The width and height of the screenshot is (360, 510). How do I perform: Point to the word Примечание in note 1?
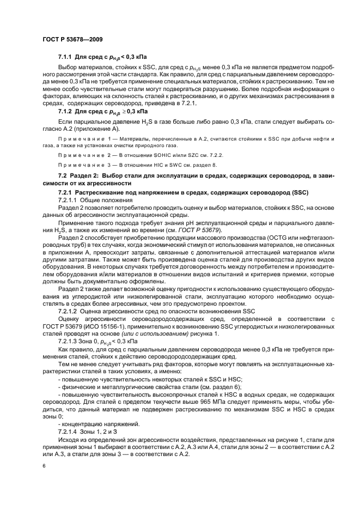pyautogui.click(x=77, y=139)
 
